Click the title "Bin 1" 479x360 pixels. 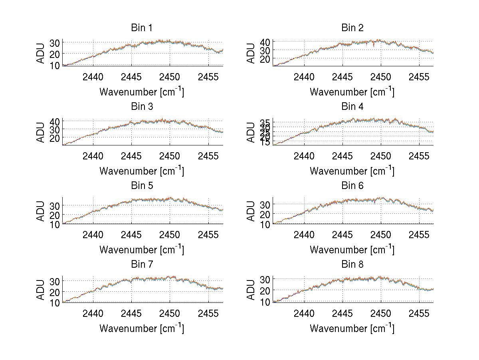[142, 28]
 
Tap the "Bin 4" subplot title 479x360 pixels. [352, 107]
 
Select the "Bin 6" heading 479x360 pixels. [352, 186]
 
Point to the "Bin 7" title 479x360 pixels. [142, 265]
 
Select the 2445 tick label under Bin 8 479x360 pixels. [342, 313]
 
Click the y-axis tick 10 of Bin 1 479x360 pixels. [55, 65]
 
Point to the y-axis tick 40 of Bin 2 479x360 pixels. [265, 42]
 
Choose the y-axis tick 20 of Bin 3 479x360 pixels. [55, 138]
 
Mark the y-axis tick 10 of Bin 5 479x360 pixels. [55, 224]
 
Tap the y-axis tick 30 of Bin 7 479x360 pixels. [55, 281]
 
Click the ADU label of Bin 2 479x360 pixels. [251, 54]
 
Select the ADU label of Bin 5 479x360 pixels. [41, 211]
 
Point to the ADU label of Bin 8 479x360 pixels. [251, 290]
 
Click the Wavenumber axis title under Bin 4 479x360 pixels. [352, 171]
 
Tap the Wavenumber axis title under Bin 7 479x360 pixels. [142, 328]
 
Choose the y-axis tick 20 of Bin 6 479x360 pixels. [265, 214]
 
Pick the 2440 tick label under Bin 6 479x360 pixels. [304, 235]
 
